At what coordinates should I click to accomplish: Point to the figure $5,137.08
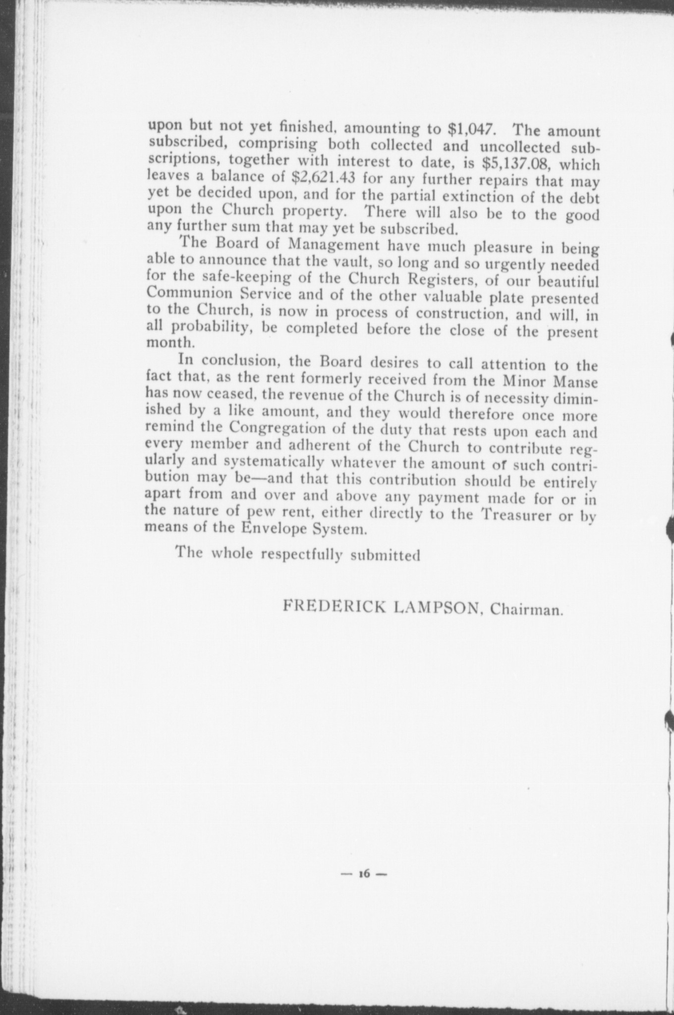click(516, 163)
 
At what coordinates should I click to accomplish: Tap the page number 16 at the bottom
click(365, 875)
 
